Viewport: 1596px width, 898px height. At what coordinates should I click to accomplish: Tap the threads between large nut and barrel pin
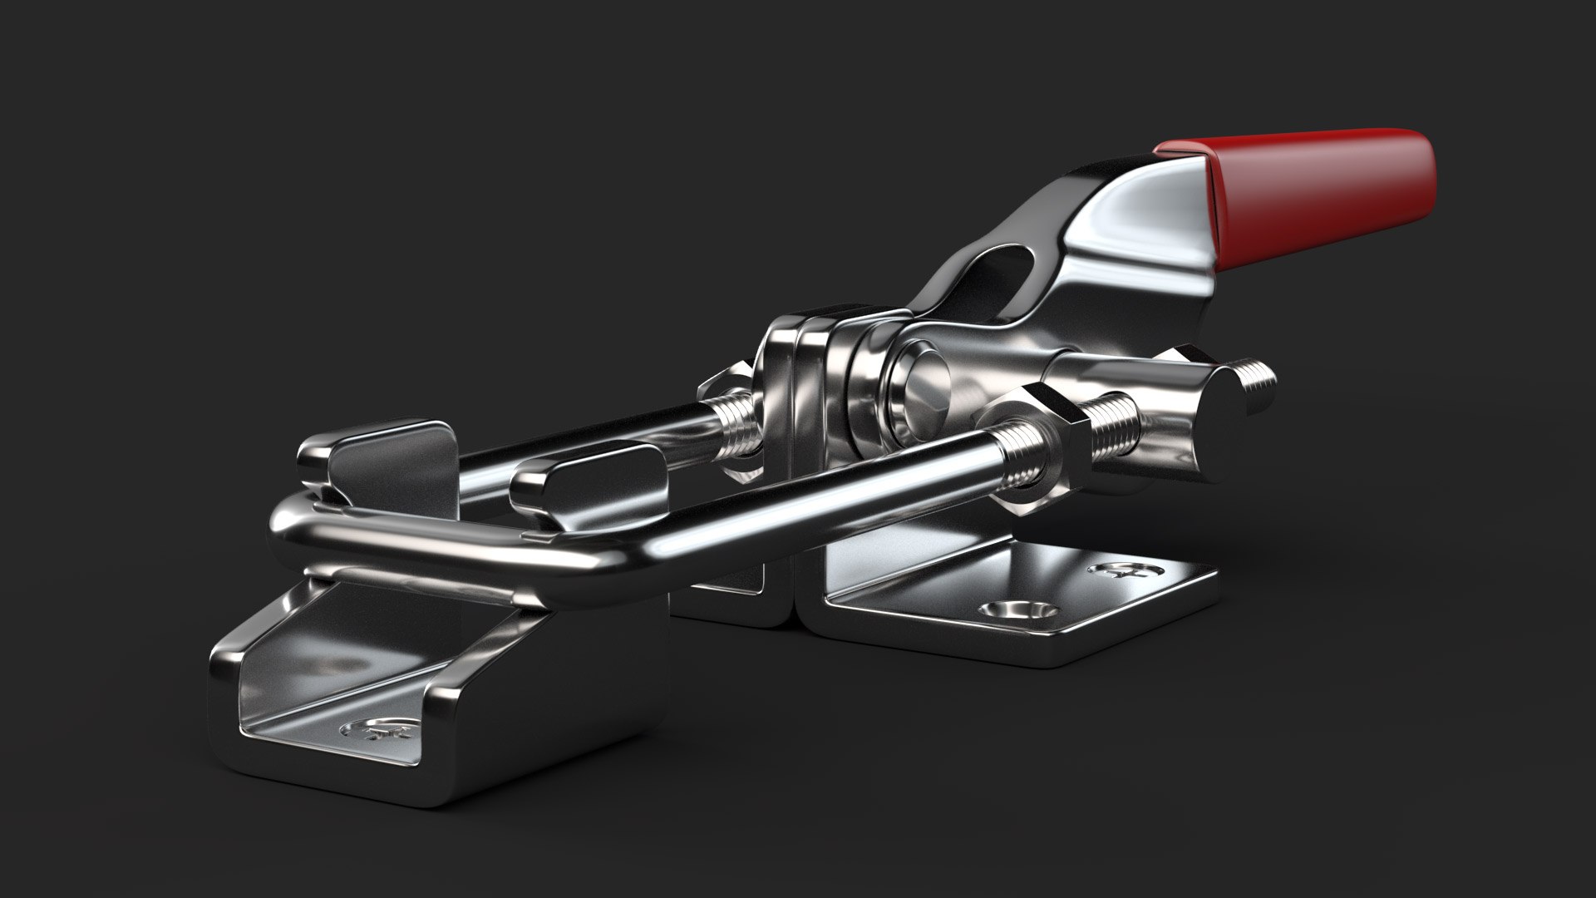click(x=1110, y=432)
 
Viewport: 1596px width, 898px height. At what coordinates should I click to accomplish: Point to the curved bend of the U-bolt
click(x=287, y=532)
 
